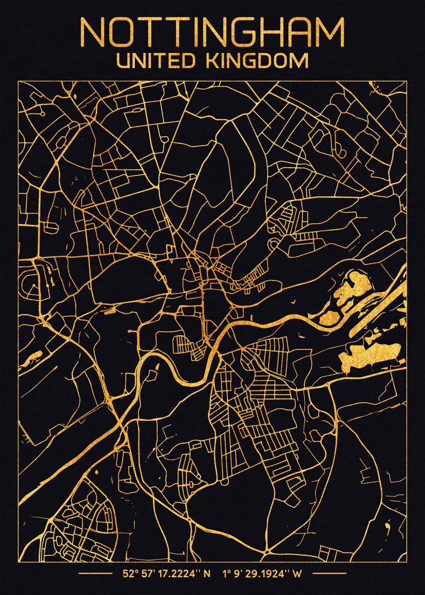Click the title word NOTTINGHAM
point(212,33)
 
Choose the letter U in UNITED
point(122,61)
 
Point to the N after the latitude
point(207,574)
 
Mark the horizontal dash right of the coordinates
point(327,574)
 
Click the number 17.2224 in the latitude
point(181,574)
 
